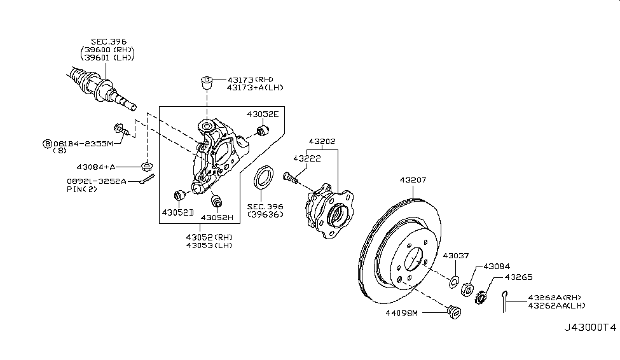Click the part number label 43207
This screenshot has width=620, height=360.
(413, 180)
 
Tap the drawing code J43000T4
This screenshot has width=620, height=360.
(590, 328)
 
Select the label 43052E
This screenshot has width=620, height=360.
(263, 114)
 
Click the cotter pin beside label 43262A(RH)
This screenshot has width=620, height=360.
(504, 301)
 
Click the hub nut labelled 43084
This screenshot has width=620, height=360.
(467, 289)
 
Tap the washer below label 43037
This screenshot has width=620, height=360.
(454, 281)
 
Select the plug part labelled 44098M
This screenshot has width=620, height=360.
(454, 312)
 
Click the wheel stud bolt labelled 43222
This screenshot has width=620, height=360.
(290, 177)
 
